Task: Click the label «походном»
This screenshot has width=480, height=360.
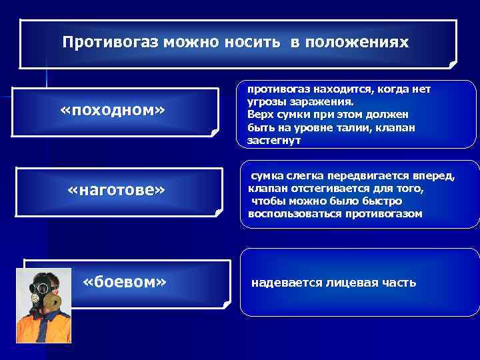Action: [x=112, y=109]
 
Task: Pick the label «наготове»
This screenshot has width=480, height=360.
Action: [x=116, y=191]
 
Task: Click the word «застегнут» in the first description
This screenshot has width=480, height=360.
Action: [x=274, y=141]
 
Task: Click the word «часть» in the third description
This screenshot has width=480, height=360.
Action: [x=398, y=283]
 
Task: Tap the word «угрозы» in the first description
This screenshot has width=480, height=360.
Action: [x=267, y=102]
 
